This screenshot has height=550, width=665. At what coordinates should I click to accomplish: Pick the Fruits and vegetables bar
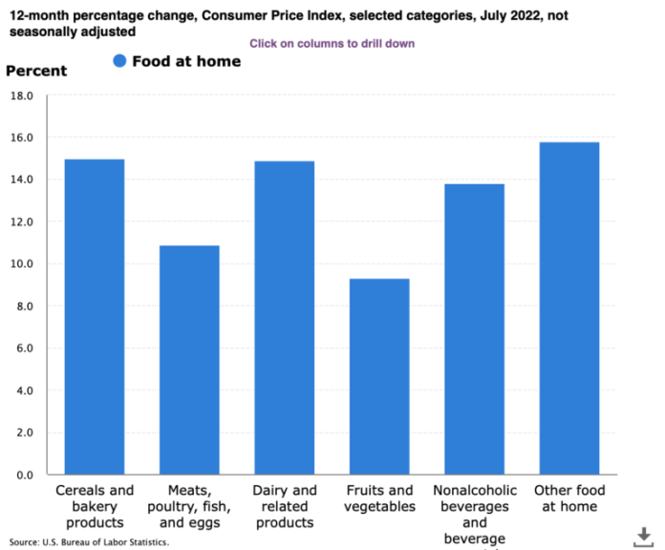coord(378,376)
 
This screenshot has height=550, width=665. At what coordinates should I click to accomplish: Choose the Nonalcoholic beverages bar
coord(474,329)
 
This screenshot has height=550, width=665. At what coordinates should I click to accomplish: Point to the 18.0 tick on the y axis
coord(21,96)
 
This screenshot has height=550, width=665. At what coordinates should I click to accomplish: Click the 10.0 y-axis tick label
coord(21,264)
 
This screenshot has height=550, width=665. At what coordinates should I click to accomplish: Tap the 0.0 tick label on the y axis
coord(24,475)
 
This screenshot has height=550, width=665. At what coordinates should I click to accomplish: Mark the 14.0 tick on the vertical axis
coord(21,180)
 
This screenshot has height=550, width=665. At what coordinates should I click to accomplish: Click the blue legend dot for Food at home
coord(119,62)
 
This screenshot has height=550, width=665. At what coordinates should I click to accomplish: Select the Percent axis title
coord(36,71)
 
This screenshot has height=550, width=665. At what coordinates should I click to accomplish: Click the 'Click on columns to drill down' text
coord(332,44)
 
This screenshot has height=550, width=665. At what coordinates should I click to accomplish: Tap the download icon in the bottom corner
coord(640,536)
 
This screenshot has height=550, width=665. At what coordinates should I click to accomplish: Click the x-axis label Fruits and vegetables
coord(378,499)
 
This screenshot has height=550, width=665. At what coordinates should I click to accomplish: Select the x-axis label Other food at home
coord(568,499)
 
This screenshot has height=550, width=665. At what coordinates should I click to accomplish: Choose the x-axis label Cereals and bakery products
coord(94,507)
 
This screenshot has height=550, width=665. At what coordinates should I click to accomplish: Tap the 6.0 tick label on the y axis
coord(24,349)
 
